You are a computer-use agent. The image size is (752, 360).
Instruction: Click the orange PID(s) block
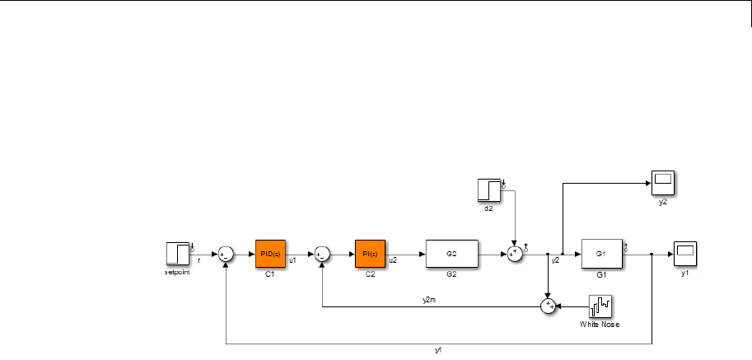pyautogui.click(x=270, y=254)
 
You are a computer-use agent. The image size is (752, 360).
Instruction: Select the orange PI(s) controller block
pyautogui.click(x=371, y=254)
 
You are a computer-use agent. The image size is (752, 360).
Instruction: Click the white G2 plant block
pyautogui.click(x=451, y=254)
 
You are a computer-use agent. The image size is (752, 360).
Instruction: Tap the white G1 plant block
pyautogui.click(x=601, y=253)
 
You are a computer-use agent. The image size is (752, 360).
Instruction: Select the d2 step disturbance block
pyautogui.click(x=489, y=189)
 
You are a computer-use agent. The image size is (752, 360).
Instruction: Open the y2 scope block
pyautogui.click(x=663, y=180)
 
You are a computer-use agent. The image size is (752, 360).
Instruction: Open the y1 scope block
pyautogui.click(x=684, y=253)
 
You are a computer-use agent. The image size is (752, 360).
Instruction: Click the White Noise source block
pyautogui.click(x=599, y=306)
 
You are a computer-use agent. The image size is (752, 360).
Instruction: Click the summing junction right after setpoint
pyautogui.click(x=225, y=254)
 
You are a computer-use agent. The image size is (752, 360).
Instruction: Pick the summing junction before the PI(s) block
pyautogui.click(x=323, y=254)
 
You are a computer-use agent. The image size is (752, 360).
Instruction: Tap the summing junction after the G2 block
pyautogui.click(x=515, y=254)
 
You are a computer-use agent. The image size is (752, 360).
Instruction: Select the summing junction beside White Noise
pyautogui.click(x=548, y=306)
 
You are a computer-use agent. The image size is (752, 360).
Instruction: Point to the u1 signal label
pyautogui.click(x=292, y=260)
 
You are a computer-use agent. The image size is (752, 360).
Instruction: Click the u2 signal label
pyautogui.click(x=393, y=260)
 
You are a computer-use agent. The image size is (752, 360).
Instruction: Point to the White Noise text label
pyautogui.click(x=599, y=325)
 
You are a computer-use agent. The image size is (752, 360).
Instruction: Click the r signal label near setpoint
pyautogui.click(x=199, y=259)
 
